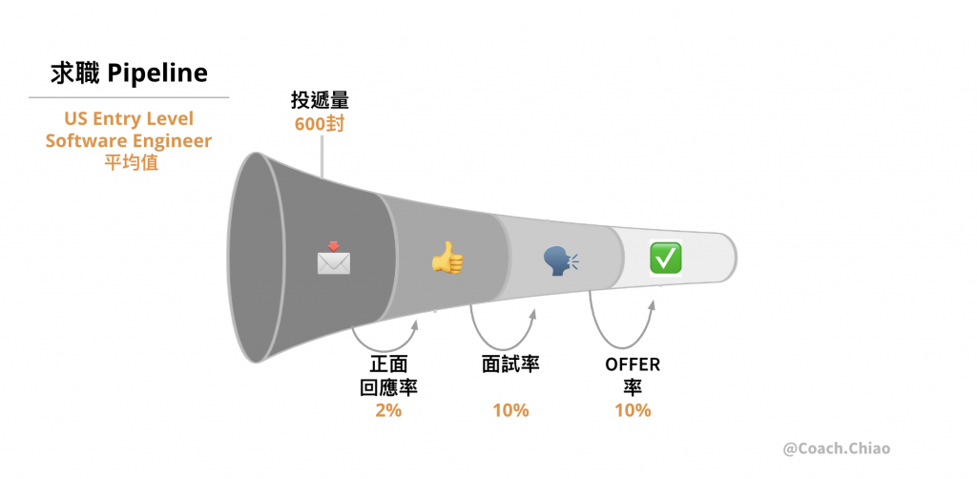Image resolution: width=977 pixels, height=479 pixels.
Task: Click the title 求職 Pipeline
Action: coord(128,73)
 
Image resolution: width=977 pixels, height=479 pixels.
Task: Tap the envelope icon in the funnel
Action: coord(333,259)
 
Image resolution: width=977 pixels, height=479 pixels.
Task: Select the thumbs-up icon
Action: coord(446,258)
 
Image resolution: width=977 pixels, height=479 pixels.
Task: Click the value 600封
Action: coord(320,123)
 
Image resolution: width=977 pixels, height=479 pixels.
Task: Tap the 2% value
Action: coord(388,410)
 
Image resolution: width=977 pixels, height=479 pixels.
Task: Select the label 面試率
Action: coord(510,364)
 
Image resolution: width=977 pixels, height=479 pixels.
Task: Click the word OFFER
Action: coord(633,364)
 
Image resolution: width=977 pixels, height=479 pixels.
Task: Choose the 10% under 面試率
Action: coord(510,410)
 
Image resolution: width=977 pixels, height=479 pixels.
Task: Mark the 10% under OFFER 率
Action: coord(633,410)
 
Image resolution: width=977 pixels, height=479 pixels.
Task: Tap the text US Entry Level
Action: coord(129,119)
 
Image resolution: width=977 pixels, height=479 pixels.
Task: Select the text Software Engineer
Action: coord(129,141)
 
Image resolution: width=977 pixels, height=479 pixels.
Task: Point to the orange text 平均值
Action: coord(129,163)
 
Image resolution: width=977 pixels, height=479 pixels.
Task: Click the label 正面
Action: coord(388,365)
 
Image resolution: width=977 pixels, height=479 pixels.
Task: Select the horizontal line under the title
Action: coord(129,97)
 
